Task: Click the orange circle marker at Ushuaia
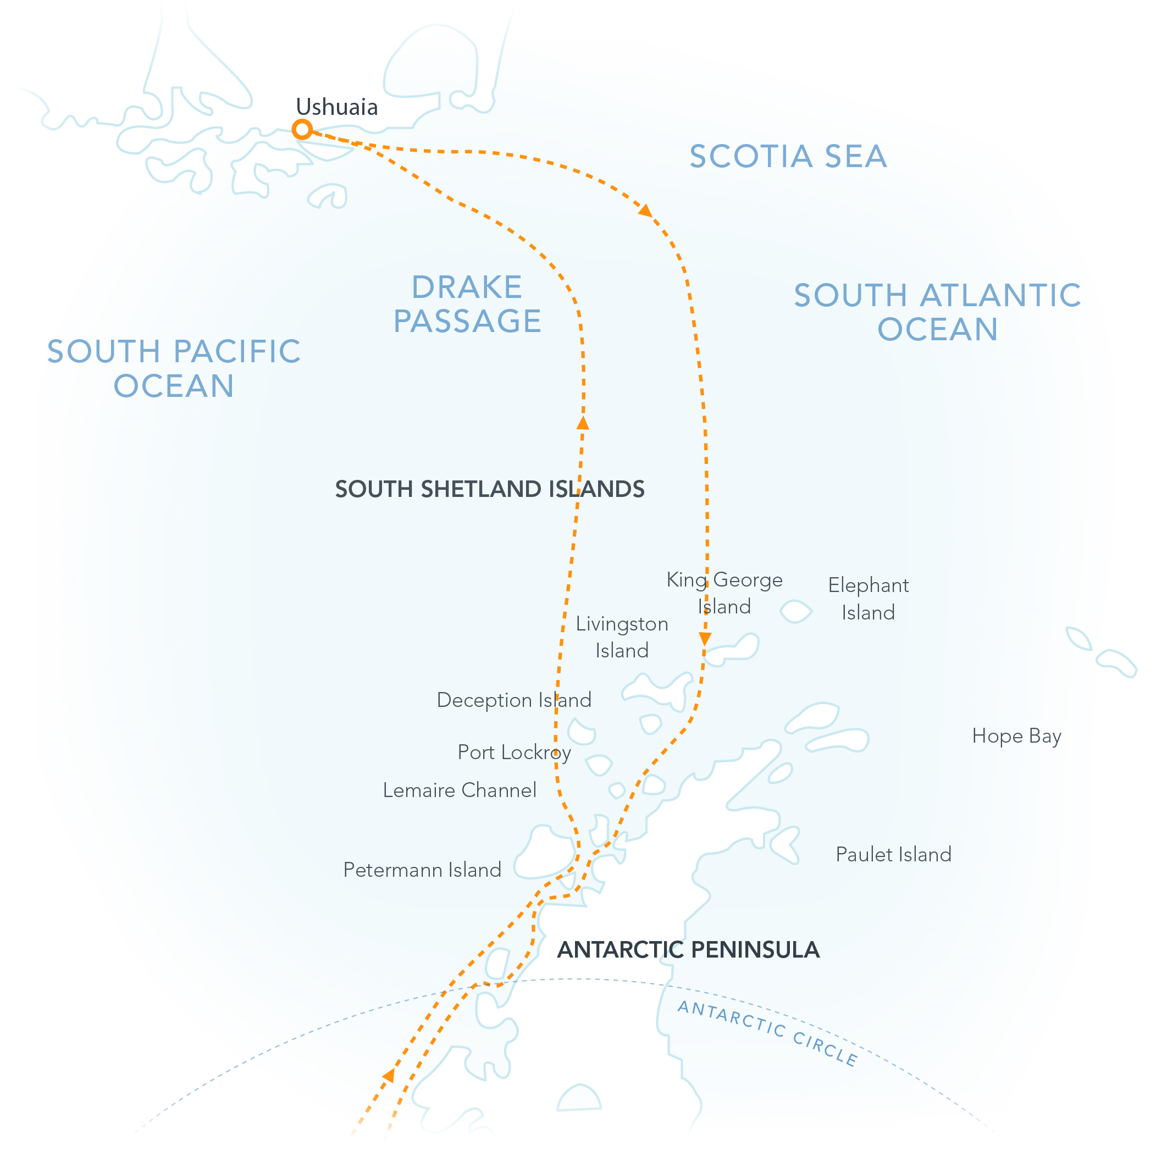pyautogui.click(x=302, y=129)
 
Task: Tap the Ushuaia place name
pyautogui.click(x=337, y=108)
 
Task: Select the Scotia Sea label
pyautogui.click(x=787, y=157)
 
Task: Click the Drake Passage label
pyautogui.click(x=467, y=304)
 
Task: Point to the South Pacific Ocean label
pyautogui.click(x=174, y=368)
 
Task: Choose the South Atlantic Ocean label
pyautogui.click(x=937, y=312)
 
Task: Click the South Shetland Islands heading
pyautogui.click(x=489, y=489)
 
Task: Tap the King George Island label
pyautogui.click(x=724, y=593)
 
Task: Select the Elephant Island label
pyautogui.click(x=868, y=599)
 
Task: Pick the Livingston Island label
pyautogui.click(x=622, y=637)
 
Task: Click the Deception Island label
pyautogui.click(x=514, y=700)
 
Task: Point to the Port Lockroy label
pyautogui.click(x=514, y=752)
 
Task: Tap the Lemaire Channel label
pyautogui.click(x=460, y=790)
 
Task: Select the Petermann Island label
pyautogui.click(x=422, y=870)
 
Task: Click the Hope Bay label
pyautogui.click(x=1016, y=736)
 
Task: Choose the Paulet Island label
pyautogui.click(x=893, y=854)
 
